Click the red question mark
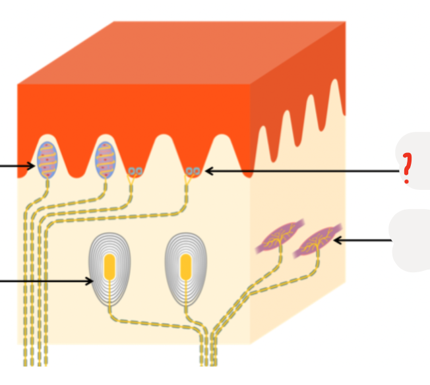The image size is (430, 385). [407, 168]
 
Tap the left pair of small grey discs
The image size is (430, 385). [135, 172]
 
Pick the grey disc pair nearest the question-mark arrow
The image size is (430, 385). [193, 172]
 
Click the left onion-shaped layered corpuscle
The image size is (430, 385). [109, 268]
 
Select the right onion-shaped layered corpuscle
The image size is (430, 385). [186, 268]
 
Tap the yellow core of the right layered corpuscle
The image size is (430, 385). [186, 266]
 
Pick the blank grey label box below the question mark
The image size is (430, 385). [412, 241]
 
